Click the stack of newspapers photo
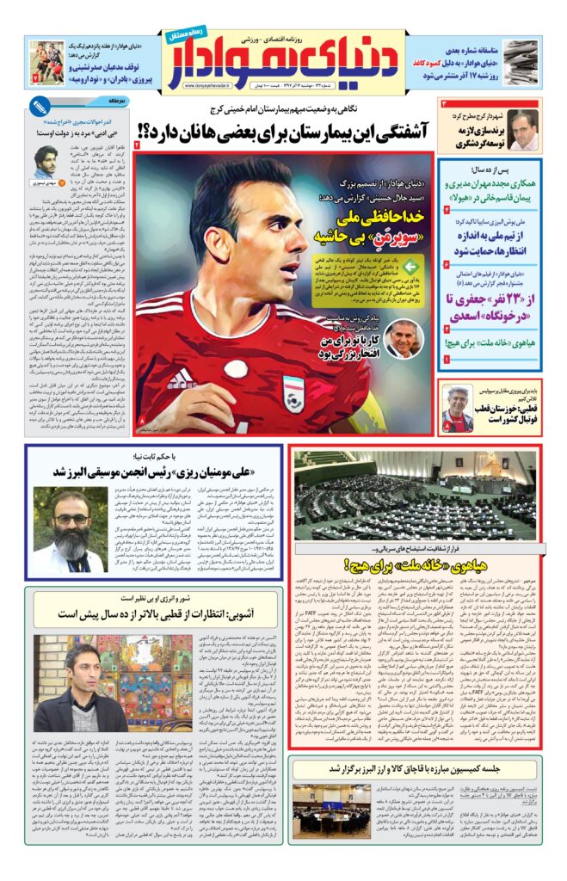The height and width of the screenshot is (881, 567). point(520,63)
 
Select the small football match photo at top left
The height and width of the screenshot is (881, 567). point(44,62)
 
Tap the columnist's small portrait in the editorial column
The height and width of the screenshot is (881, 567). point(46,161)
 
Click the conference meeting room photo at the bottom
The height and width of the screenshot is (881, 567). point(330,811)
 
